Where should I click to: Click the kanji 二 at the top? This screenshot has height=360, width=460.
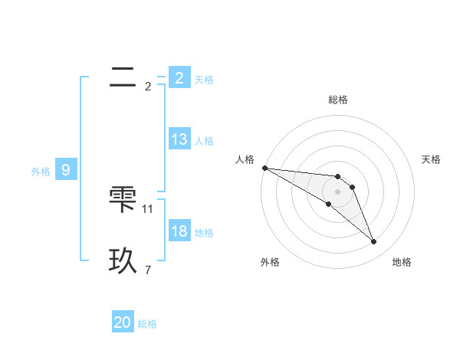tap(123, 77)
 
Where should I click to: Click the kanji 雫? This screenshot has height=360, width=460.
tap(123, 200)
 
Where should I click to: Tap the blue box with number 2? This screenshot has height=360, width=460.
tap(179, 77)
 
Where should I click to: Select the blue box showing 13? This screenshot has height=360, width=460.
tap(179, 140)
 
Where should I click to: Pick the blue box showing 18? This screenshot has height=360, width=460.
tap(179, 232)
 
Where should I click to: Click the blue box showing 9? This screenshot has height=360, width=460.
tap(66, 171)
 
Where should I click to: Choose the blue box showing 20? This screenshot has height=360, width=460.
tap(123, 322)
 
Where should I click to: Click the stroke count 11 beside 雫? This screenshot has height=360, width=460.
tap(148, 208)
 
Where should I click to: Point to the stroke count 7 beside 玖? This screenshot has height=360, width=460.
tap(148, 270)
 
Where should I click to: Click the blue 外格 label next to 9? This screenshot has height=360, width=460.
tap(41, 172)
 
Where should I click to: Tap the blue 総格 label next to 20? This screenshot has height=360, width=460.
tap(147, 324)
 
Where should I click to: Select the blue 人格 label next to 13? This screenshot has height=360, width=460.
tap(204, 141)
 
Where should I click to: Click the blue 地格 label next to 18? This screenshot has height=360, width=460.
tap(204, 233)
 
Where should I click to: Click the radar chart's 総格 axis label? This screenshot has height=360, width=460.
tap(337, 100)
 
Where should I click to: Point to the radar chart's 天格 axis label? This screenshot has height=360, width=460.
tap(432, 159)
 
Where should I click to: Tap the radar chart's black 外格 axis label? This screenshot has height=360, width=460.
tap(270, 262)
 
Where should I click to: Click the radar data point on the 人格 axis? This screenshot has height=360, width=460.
tap(264, 168)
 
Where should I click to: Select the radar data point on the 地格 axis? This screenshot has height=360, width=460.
tap(374, 242)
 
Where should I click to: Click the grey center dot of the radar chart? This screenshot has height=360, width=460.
tap(337, 191)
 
